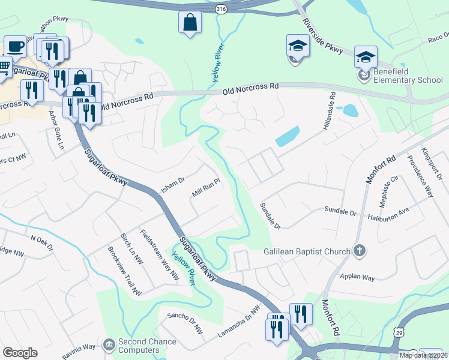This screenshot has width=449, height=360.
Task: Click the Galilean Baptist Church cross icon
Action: (359, 251)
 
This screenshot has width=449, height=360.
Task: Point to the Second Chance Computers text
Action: (147, 346)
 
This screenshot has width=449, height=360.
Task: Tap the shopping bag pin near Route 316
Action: (190, 23)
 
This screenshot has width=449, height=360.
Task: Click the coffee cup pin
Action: (16, 47)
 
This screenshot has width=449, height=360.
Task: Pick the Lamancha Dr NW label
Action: (239, 323)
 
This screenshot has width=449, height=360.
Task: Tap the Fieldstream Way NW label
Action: (159, 255)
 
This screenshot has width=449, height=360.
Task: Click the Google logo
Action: (20, 353)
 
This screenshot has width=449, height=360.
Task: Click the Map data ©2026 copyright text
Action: (424, 355)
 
